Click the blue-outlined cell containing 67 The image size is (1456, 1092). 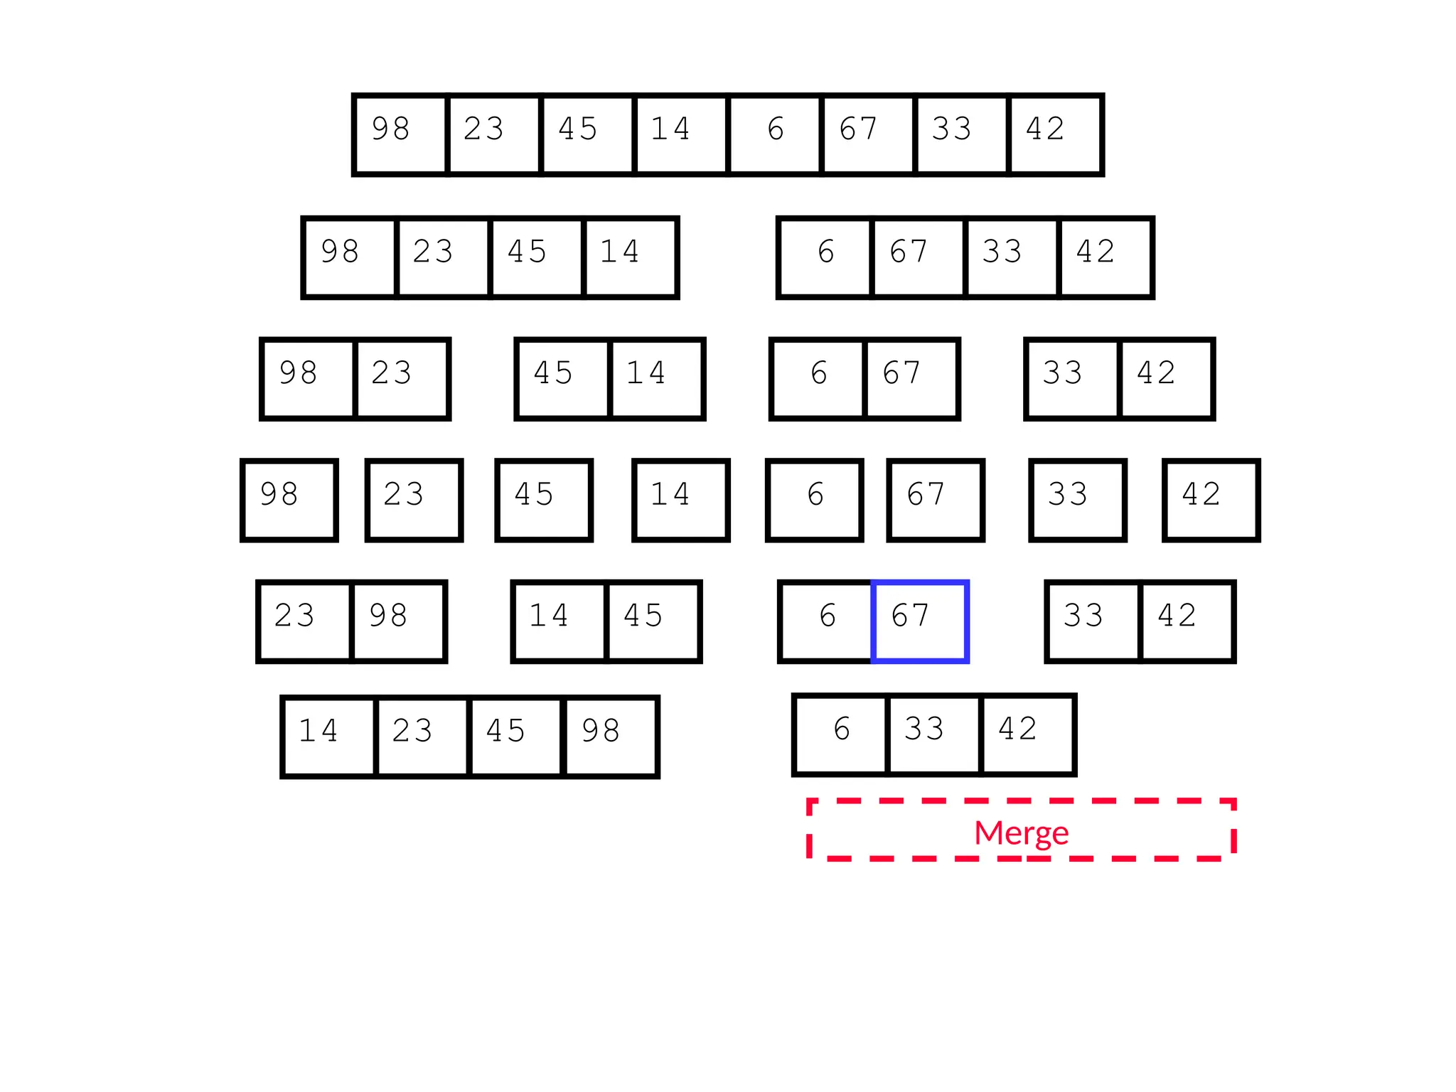[x=920, y=621]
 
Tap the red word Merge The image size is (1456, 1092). [x=1021, y=833]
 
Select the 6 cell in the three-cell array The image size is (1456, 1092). [x=841, y=735]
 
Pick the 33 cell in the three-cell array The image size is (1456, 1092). [x=934, y=735]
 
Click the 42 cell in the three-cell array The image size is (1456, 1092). [x=1027, y=735]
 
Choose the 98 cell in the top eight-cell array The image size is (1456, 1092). [x=400, y=134]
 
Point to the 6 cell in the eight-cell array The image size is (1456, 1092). [x=775, y=134]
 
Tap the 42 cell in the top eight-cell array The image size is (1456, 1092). [x=1056, y=134]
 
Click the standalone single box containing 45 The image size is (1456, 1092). [x=544, y=500]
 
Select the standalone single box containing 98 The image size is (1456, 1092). [x=289, y=500]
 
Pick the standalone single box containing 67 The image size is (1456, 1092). [x=936, y=500]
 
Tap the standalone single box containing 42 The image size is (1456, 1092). [x=1211, y=500]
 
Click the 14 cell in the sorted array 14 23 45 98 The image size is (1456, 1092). [x=328, y=737]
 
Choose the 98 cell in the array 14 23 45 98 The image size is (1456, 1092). [x=611, y=737]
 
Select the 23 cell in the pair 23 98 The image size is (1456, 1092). [x=304, y=621]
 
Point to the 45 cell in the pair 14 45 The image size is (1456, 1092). [x=653, y=621]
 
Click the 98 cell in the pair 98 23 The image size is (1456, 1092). [x=309, y=379]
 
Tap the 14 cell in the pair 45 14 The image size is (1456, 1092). [x=657, y=379]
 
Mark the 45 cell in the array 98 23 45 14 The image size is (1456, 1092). [x=537, y=257]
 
